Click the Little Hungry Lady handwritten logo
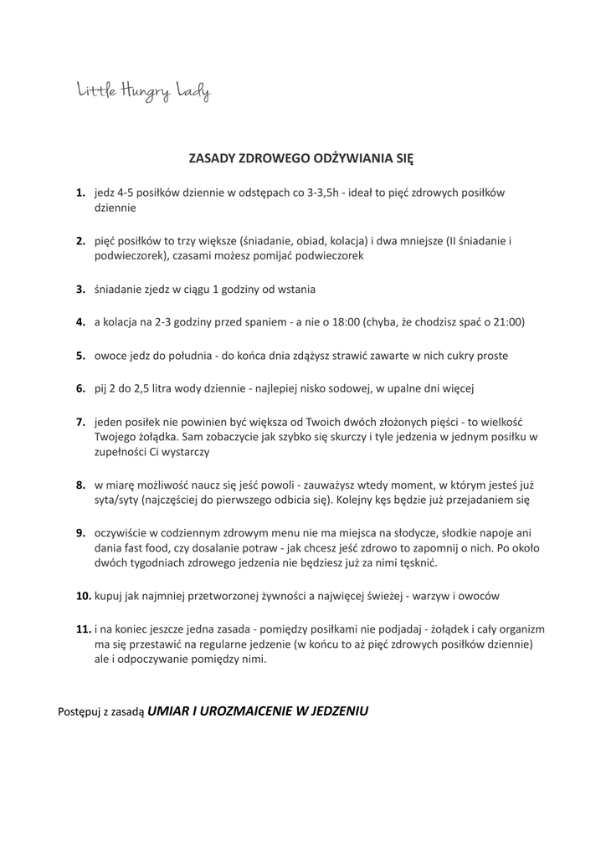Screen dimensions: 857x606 tap(144, 92)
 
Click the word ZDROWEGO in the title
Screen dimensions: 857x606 tap(275, 157)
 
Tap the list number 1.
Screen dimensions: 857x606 tap(81, 192)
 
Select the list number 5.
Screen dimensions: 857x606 tap(81, 355)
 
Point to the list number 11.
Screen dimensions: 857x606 tap(83, 628)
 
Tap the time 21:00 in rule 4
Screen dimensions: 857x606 tap(505, 321)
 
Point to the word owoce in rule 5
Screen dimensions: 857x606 tap(110, 355)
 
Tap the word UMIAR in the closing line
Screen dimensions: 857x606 tap(171, 711)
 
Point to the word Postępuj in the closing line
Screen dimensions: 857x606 tap(82, 712)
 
